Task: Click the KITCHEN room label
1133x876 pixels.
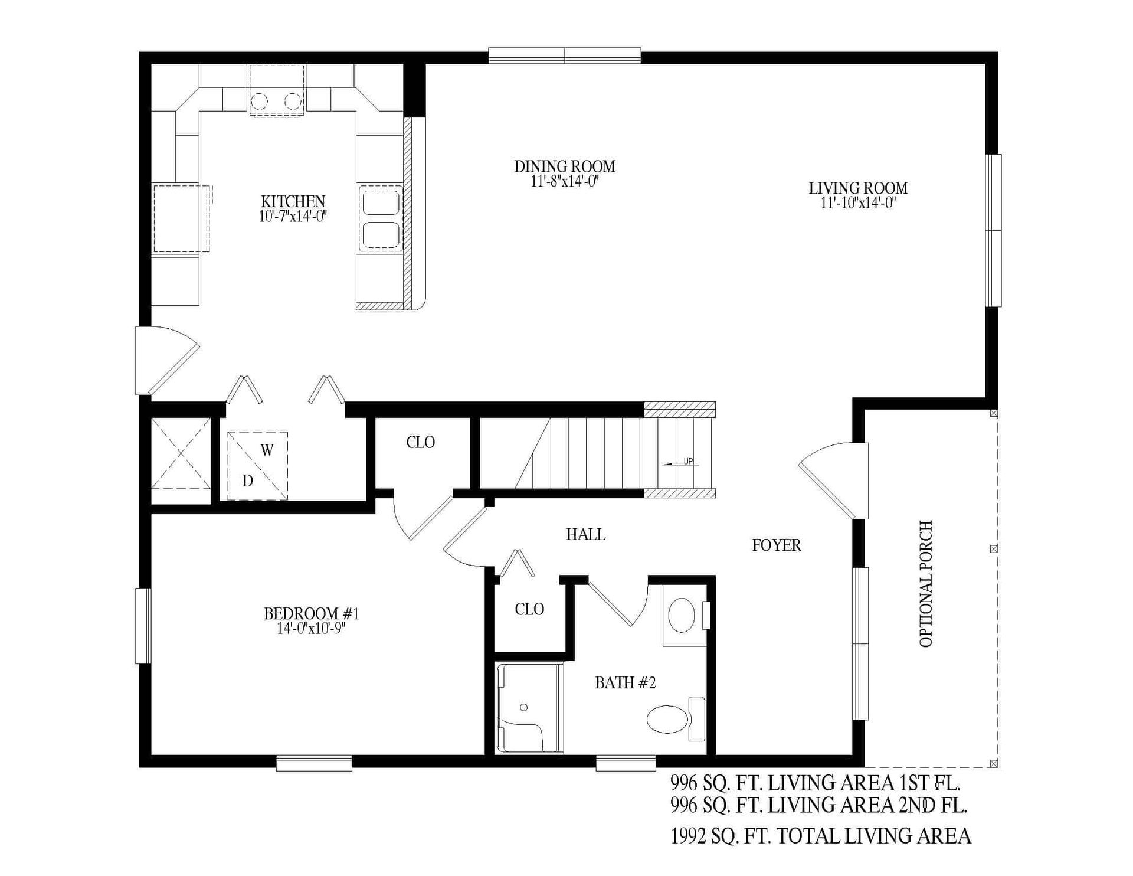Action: coord(293,201)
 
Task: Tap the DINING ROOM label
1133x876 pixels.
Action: coord(564,166)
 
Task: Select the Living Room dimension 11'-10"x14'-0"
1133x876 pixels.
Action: coord(858,204)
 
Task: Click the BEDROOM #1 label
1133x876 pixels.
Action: coord(311,614)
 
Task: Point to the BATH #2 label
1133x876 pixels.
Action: coord(625,683)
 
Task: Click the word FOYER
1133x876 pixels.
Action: coord(776,545)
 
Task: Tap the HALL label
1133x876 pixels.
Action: coord(585,534)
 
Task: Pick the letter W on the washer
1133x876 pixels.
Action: coord(267,450)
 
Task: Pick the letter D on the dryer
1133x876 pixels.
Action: coord(248,481)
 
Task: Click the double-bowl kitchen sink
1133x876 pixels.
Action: coord(380,218)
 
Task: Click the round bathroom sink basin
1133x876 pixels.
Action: coord(681,615)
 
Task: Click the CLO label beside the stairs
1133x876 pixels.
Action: coord(420,442)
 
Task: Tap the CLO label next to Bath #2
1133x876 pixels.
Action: coord(529,609)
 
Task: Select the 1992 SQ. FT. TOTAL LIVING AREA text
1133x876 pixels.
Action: coord(820,836)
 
